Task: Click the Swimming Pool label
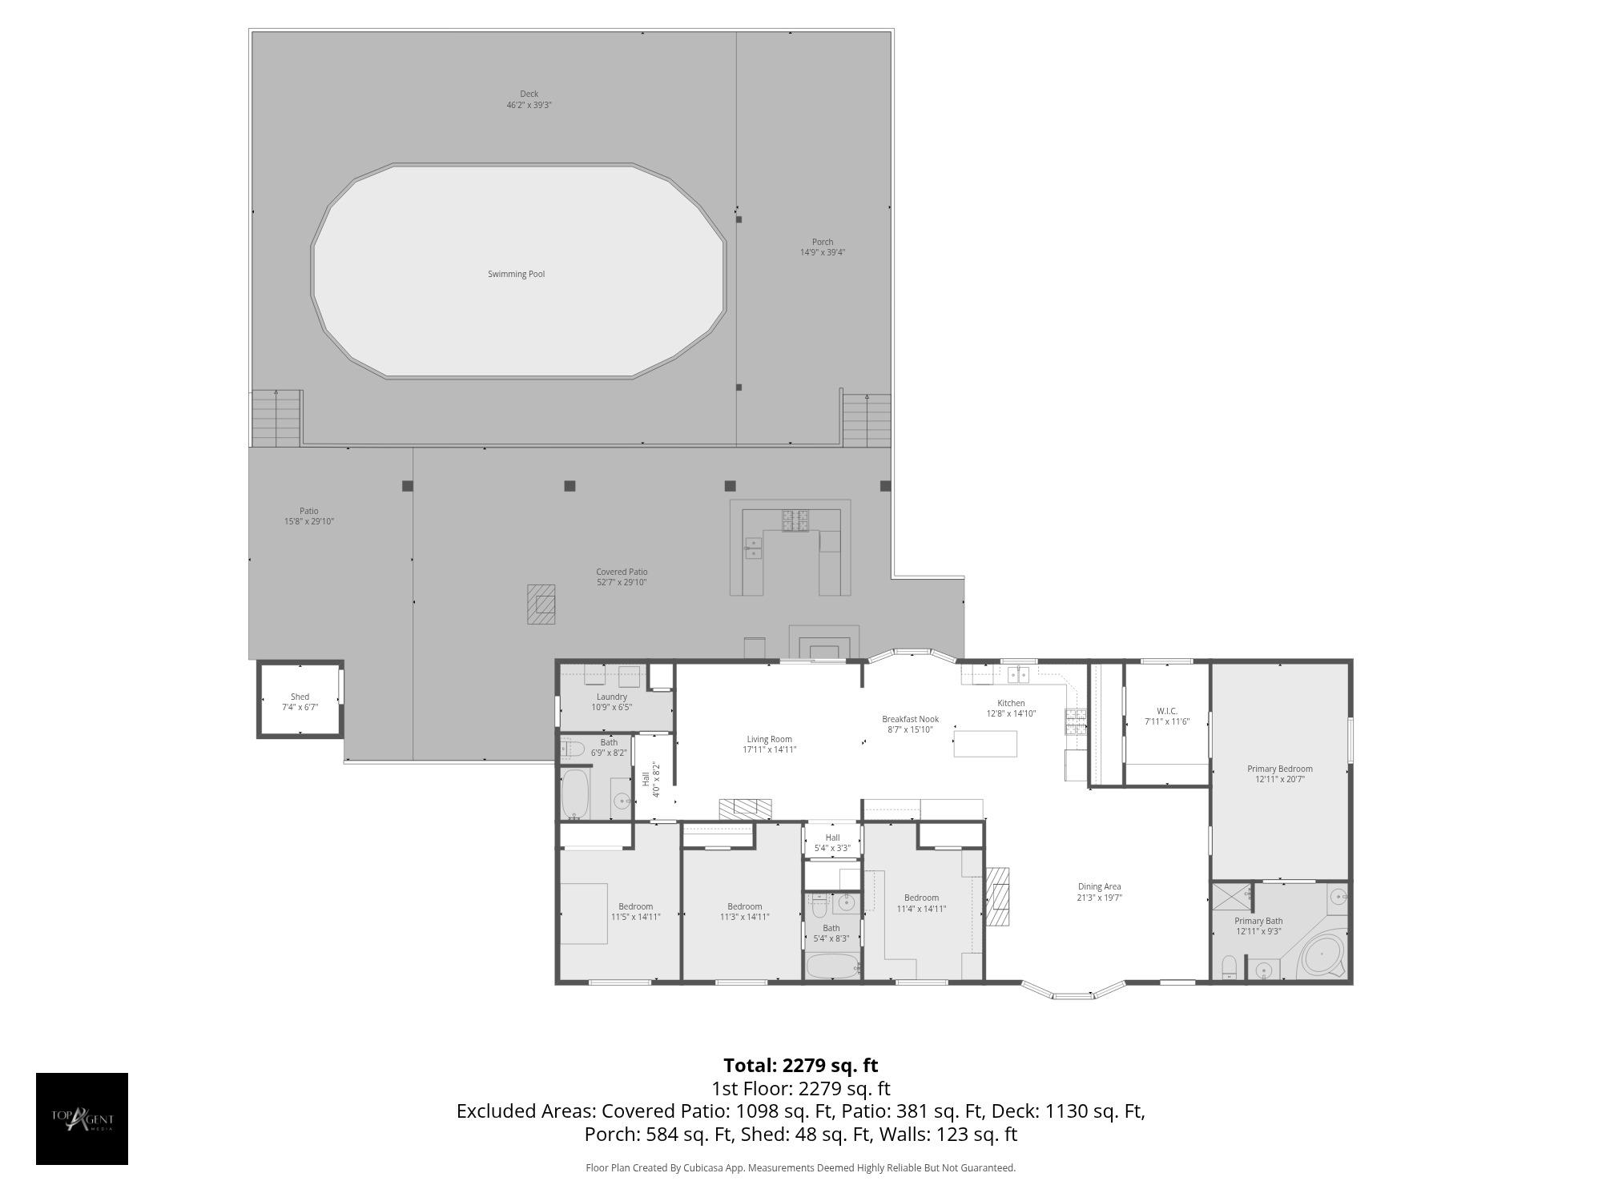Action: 516,275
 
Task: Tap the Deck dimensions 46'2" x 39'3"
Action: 529,106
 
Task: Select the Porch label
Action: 823,242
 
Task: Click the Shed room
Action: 300,699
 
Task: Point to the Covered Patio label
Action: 622,572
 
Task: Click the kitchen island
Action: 985,744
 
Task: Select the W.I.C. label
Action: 1167,711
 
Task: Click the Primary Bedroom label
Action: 1280,769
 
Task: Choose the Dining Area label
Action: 1099,886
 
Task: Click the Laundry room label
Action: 612,697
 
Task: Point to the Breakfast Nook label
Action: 910,719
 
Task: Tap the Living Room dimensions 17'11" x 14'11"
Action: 769,750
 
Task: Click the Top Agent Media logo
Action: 82,1119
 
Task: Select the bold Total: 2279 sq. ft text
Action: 801,1066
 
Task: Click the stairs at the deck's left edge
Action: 276,419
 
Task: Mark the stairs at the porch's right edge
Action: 867,420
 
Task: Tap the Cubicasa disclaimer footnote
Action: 801,1168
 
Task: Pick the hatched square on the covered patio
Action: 541,604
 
